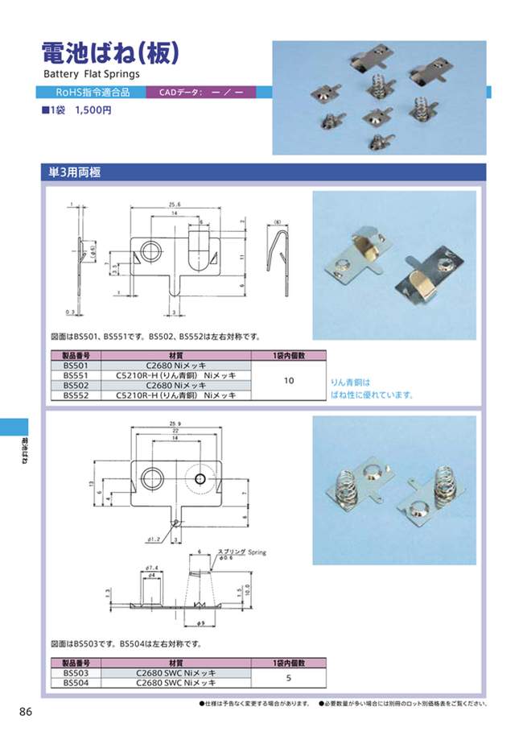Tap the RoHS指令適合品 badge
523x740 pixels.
pyautogui.click(x=93, y=92)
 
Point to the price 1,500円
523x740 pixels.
pyautogui.click(x=93, y=110)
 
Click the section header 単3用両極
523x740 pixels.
pyautogui.click(x=70, y=172)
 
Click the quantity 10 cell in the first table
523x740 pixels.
pyautogui.click(x=289, y=380)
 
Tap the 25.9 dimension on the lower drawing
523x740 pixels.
pyautogui.click(x=175, y=425)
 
